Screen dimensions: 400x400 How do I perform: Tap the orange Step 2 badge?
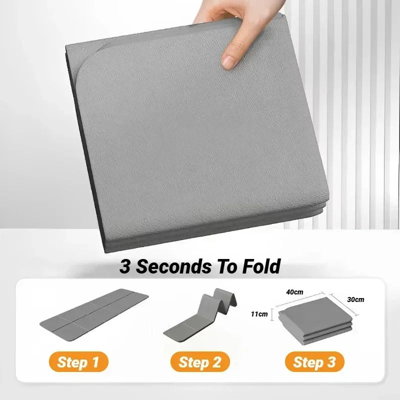coord(199,361)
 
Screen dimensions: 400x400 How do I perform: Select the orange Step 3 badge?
coord(314,361)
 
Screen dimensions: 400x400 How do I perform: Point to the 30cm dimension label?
coord(355,299)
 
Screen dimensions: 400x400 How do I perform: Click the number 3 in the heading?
coord(125,266)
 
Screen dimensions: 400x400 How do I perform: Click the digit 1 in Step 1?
coord(94,361)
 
